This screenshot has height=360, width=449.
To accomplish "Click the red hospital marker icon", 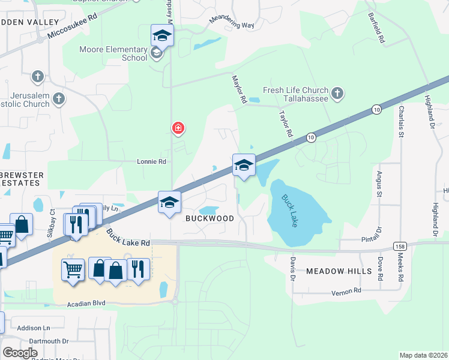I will point(178,128).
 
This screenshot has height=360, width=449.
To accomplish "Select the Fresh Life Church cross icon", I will point(338,94).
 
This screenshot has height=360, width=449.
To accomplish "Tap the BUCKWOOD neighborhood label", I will point(209,218).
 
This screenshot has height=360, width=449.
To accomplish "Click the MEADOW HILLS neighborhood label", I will point(339,271).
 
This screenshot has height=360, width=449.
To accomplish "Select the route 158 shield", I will point(400,247).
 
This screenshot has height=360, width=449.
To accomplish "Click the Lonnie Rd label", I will point(151,161).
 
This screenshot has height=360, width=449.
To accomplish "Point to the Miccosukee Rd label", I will point(74,29).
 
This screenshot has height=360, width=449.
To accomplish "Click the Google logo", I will point(20,353).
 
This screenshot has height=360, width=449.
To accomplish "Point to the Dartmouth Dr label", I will point(43,341).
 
